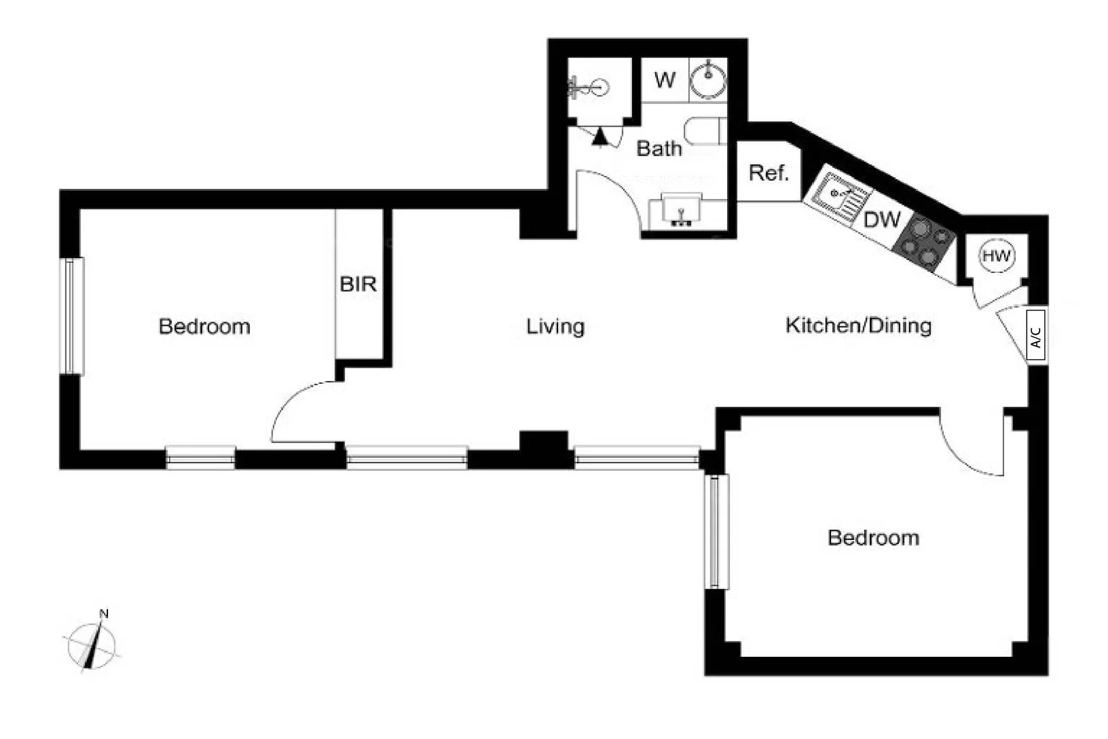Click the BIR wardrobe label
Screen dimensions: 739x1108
click(358, 284)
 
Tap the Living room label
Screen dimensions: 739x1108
click(555, 326)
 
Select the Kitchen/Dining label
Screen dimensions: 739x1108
click(858, 325)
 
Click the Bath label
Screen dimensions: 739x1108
click(659, 148)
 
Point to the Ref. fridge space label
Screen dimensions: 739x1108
click(769, 173)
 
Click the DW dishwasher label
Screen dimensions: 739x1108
click(882, 220)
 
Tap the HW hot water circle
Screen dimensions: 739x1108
click(996, 256)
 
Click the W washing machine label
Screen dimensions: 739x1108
click(664, 80)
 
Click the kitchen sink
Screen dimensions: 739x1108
click(839, 194)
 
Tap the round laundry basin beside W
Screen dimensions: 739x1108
click(708, 79)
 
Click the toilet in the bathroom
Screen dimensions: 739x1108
click(704, 132)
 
